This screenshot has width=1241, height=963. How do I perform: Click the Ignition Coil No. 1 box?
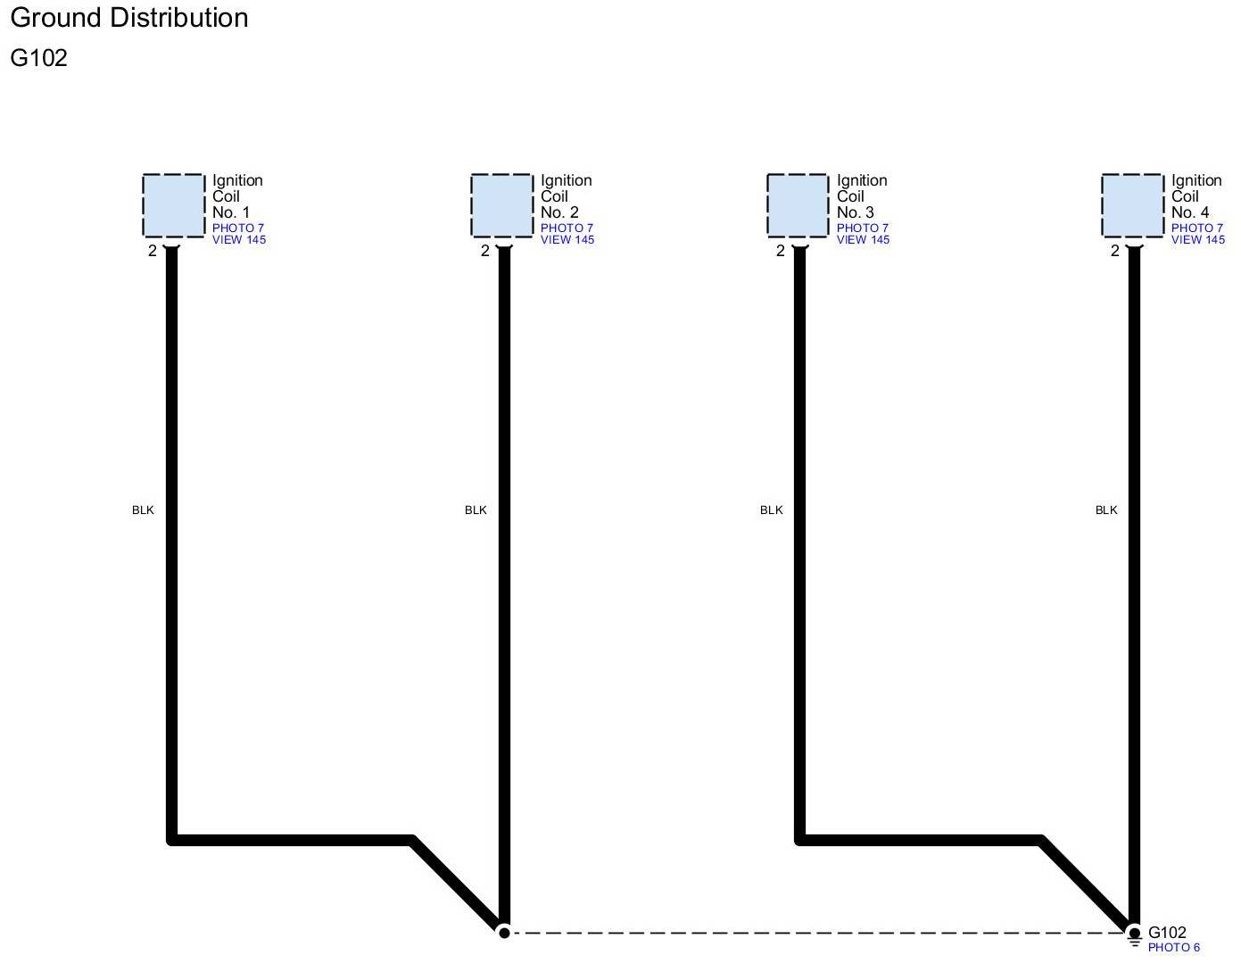pyautogui.click(x=173, y=205)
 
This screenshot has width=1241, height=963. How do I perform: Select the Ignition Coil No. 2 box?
pyautogui.click(x=502, y=205)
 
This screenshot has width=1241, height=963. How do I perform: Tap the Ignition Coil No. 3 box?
pyautogui.click(x=798, y=205)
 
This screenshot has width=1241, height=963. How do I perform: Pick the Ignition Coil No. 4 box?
pyautogui.click(x=1133, y=205)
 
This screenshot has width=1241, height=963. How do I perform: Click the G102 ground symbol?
pyautogui.click(x=1134, y=936)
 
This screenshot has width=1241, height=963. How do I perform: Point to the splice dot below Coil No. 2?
pyautogui.click(x=504, y=933)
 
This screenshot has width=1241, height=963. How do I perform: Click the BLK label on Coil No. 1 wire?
pyautogui.click(x=143, y=511)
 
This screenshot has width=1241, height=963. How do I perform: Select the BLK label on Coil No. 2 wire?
pyautogui.click(x=476, y=511)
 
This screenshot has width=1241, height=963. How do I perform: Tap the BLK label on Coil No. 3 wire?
pyautogui.click(x=771, y=511)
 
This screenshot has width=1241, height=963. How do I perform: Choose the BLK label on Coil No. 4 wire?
pyautogui.click(x=1106, y=511)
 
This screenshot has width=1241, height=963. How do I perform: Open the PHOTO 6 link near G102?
pyautogui.click(x=1173, y=948)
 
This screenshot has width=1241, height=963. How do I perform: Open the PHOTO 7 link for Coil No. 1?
pyautogui.click(x=238, y=228)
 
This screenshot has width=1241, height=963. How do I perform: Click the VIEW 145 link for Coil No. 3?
pyautogui.click(x=863, y=240)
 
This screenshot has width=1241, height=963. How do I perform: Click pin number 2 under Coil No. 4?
pyautogui.click(x=1114, y=252)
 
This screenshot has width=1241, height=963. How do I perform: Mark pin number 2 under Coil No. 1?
pyautogui.click(x=153, y=252)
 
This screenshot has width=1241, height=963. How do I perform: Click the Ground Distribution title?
pyautogui.click(x=129, y=18)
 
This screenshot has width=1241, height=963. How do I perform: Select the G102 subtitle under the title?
pyautogui.click(x=39, y=58)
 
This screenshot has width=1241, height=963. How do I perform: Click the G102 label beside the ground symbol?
pyautogui.click(x=1167, y=933)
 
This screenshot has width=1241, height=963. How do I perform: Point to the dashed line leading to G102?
pyautogui.click(x=803, y=933)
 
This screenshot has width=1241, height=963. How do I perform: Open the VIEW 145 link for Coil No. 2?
pyautogui.click(x=567, y=240)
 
